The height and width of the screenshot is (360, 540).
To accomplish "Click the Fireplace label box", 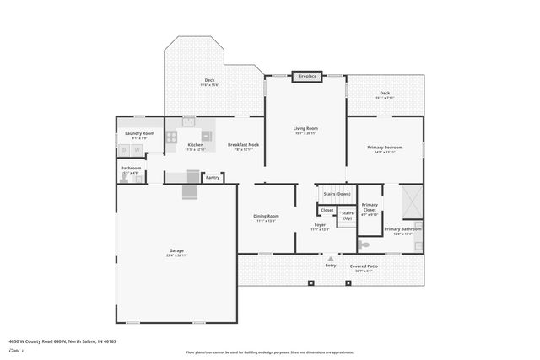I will [x=306, y=76].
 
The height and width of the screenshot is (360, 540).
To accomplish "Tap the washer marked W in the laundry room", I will [x=138, y=151].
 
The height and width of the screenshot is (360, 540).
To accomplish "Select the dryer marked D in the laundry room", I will [x=124, y=151].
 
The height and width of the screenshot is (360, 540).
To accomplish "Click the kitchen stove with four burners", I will [x=172, y=136].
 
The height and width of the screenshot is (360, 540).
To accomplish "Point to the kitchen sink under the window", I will [x=188, y=121].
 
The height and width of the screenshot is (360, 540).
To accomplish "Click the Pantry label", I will [x=213, y=177].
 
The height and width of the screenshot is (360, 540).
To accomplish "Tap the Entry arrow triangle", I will [x=331, y=258].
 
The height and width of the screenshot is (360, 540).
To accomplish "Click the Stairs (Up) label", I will [x=347, y=215].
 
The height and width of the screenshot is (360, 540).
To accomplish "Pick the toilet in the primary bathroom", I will [x=364, y=244].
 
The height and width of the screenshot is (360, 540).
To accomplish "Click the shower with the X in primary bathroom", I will [x=413, y=201].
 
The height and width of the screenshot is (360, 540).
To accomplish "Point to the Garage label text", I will [x=176, y=250].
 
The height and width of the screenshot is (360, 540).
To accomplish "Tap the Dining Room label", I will [x=266, y=217].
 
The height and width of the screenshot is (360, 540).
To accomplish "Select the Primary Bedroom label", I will [x=385, y=148].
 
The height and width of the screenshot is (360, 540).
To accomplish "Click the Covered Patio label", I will [x=364, y=266].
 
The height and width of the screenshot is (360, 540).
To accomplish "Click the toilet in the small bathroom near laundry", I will [x=138, y=179].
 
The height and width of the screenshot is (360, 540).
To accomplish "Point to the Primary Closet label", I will [x=370, y=208].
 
